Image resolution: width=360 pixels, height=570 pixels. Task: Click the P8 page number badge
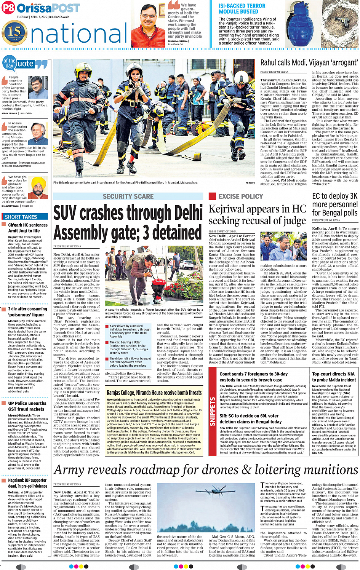[8, 8]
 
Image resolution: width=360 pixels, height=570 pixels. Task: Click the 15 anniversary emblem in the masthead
[14, 32]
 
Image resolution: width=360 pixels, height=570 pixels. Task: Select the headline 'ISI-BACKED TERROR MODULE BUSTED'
[242, 9]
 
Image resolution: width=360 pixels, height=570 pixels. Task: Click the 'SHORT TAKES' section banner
[21, 217]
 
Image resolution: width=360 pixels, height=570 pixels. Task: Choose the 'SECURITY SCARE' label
[128, 196]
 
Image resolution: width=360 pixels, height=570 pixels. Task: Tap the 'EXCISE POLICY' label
[241, 196]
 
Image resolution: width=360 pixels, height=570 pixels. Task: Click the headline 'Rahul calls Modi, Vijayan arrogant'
[309, 63]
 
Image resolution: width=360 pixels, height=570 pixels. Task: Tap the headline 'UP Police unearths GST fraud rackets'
[27, 406]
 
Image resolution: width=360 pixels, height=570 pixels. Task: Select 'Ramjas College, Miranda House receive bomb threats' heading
[154, 393]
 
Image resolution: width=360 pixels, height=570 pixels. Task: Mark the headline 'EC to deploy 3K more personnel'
[334, 204]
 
